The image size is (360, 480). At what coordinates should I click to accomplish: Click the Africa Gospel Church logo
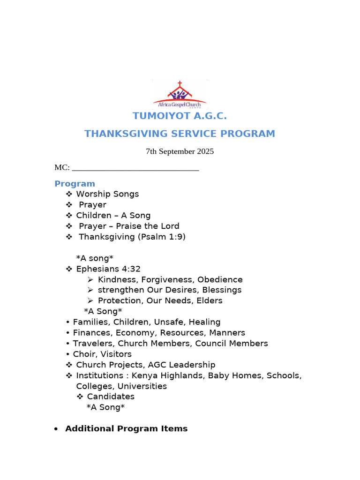click(x=180, y=95)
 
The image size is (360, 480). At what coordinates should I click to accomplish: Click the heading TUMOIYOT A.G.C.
click(x=180, y=116)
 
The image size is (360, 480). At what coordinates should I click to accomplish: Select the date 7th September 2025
click(x=180, y=151)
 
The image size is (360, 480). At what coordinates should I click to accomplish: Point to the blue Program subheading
click(x=75, y=184)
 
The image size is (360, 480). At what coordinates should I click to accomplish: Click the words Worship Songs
click(x=107, y=194)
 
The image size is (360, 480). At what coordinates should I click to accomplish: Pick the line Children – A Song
click(x=113, y=216)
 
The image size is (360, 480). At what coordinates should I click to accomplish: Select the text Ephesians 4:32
click(x=108, y=269)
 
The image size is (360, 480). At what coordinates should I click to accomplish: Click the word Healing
click(x=205, y=322)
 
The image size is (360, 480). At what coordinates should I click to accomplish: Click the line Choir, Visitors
click(x=102, y=354)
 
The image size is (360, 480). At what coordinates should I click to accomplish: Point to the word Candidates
click(x=111, y=397)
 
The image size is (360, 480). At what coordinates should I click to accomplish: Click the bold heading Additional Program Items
click(x=126, y=428)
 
